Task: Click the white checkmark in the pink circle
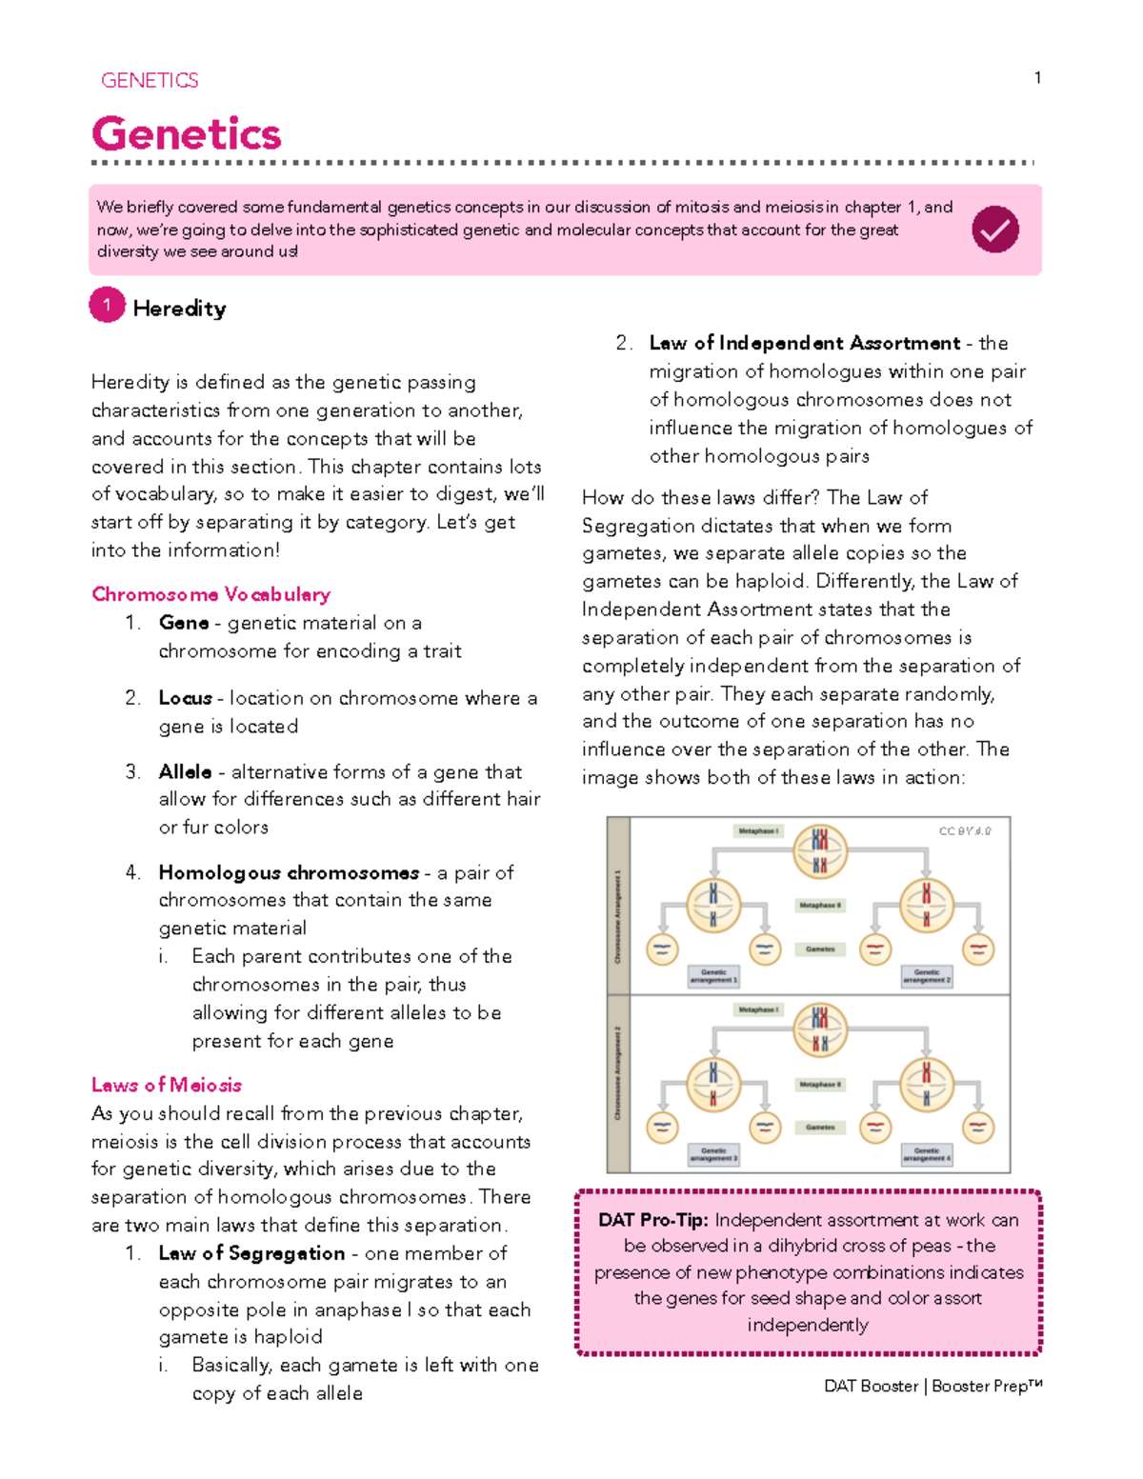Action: coord(995,230)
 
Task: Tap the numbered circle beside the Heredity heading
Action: coord(108,306)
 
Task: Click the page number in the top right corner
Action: coord(1037,78)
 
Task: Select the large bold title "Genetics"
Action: coord(187,133)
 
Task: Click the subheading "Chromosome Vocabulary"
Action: coord(211,594)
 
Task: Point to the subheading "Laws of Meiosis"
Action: coord(167,1085)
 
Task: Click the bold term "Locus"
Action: coord(185,698)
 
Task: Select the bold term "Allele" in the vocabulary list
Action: coord(185,771)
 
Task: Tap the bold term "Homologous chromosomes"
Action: coord(289,872)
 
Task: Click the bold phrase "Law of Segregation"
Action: coord(251,1253)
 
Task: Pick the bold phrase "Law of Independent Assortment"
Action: coord(805,343)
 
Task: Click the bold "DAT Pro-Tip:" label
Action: coord(652,1220)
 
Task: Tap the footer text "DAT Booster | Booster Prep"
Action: coord(932,1386)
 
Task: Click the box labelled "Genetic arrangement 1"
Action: coord(713,976)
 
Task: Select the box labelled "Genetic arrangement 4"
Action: coord(926,1154)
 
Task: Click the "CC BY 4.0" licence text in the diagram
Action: coord(964,831)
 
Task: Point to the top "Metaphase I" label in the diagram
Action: coord(758,831)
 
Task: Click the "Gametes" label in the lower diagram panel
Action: coord(820,1128)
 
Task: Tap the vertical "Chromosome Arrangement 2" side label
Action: coord(618,1073)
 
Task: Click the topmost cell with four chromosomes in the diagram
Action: coord(819,851)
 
